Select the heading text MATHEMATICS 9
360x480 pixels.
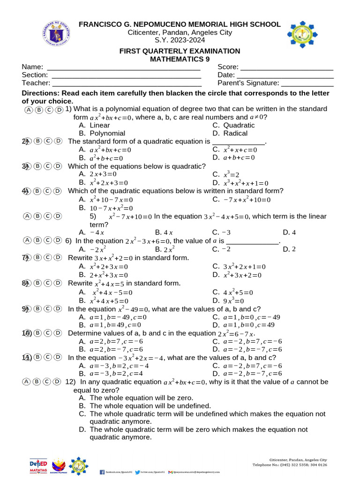180,59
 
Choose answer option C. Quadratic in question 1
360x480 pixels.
233,125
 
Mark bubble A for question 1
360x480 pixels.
28,110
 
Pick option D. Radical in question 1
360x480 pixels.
230,134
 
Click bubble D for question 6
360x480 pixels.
58,240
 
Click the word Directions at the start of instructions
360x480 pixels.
40,93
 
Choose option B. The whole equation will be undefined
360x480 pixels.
145,405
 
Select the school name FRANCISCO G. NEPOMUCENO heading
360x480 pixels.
180,24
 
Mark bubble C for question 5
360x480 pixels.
48,216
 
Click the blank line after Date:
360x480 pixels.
285,75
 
